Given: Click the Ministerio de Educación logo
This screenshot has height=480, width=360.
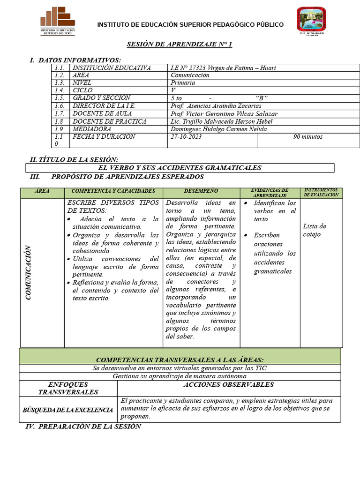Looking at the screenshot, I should tap(58, 21).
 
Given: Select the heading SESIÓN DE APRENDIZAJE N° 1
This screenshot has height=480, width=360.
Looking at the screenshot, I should tap(180, 45).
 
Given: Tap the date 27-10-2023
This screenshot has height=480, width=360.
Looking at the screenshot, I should tap(187, 137).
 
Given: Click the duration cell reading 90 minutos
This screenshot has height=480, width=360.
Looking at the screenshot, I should tap(308, 137).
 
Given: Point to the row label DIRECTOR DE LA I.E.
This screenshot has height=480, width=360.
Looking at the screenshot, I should tap(104, 106).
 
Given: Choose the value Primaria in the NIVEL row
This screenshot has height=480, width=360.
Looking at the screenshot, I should tap(183, 82).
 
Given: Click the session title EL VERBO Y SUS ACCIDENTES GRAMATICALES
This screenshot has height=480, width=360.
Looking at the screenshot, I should tap(180, 168).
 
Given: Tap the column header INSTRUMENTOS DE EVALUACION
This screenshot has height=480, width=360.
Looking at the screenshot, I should tap(321, 192).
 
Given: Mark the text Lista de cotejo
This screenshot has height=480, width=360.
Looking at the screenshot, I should tap(315, 230).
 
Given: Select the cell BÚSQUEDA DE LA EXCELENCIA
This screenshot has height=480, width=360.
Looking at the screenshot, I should tap(68, 410).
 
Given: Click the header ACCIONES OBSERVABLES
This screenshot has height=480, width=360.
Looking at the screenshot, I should tap(229, 385).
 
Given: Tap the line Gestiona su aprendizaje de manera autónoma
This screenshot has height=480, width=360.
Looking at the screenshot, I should tap(180, 376).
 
